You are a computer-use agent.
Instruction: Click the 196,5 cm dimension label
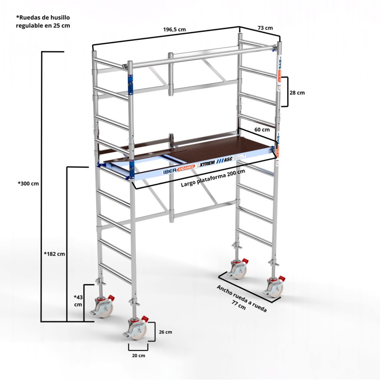174,29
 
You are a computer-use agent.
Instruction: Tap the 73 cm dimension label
265,28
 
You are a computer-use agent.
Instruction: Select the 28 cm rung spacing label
297,93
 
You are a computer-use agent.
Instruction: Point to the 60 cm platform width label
262,130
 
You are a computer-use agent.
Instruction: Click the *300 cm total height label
28,183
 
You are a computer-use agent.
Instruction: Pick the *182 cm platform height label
55,254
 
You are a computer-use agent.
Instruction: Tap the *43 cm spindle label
78,301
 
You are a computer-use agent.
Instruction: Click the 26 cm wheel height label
165,332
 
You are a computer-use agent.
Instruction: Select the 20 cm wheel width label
139,355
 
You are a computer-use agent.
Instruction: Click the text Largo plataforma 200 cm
213,178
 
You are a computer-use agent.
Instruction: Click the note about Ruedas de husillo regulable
43,21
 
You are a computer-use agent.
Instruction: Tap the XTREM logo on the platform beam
206,163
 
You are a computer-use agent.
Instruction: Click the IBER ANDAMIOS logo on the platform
179,169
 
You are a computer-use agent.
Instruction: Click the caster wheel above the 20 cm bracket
138,330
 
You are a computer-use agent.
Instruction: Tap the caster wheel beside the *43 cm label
104,308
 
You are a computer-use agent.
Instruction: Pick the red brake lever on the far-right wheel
281,278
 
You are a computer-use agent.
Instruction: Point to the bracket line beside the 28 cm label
287,92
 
